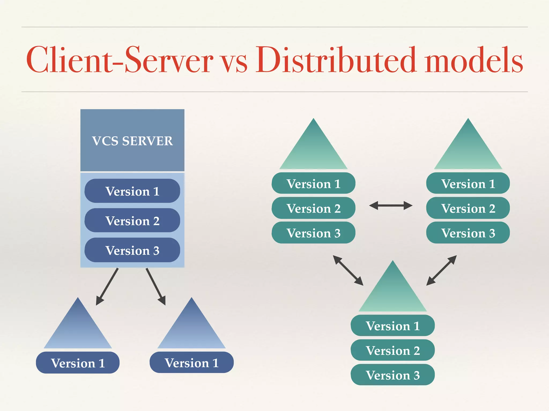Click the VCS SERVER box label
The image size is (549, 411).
pyautogui.click(x=132, y=141)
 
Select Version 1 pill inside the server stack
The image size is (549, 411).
pyautogui.click(x=132, y=191)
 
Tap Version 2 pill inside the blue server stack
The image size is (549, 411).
pyautogui.click(x=132, y=221)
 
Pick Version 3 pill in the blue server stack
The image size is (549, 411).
pyautogui.click(x=132, y=250)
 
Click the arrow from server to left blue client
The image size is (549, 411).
pyautogui.click(x=107, y=286)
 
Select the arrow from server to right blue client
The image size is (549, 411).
pyautogui.click(x=155, y=286)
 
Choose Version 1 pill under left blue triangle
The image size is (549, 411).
pyautogui.click(x=78, y=363)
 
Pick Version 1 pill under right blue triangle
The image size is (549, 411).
pyautogui.click(x=191, y=363)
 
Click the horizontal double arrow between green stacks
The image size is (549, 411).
pyautogui.click(x=391, y=205)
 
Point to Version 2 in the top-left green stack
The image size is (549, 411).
pyautogui.click(x=313, y=208)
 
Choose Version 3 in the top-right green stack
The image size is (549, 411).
pyautogui.click(x=468, y=233)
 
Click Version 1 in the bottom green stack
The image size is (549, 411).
pyautogui.click(x=393, y=326)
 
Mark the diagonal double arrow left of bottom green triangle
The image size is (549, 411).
pyautogui.click(x=348, y=270)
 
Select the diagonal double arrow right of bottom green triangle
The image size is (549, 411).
pyautogui.click(x=442, y=270)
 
